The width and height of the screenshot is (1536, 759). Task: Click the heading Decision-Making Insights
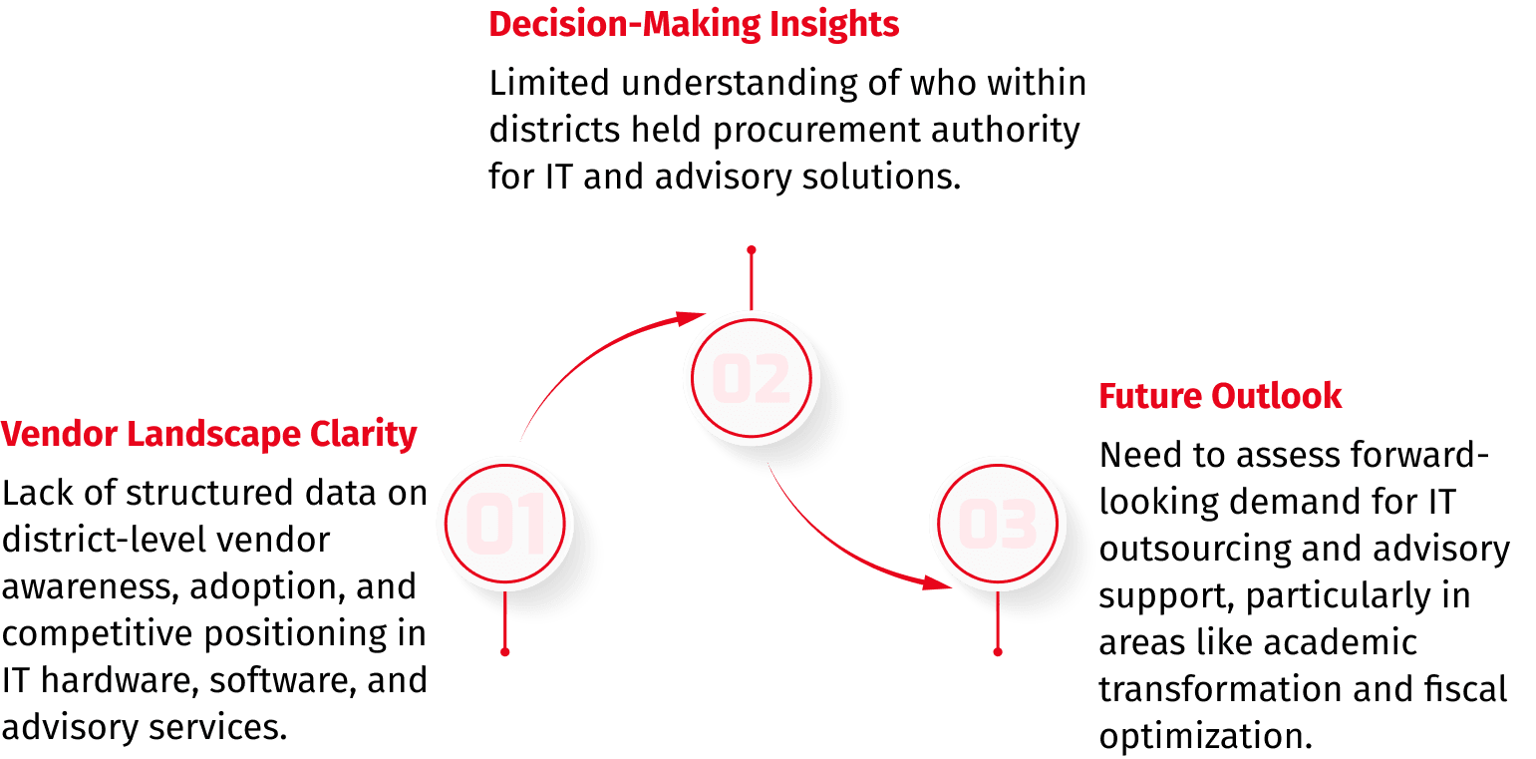coord(694,25)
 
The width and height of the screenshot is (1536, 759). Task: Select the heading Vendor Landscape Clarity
coord(208,435)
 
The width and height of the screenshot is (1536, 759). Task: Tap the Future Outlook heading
coord(1220,396)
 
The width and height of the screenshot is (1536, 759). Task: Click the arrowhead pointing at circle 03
coord(937,582)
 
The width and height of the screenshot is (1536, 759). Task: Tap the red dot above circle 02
coord(752,249)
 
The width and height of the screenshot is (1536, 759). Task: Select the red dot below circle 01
coord(505,652)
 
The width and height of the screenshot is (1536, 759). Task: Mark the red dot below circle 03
coord(997,652)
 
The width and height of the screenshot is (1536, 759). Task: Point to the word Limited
coord(548,83)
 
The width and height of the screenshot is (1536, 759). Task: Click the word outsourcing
coord(1195,550)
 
